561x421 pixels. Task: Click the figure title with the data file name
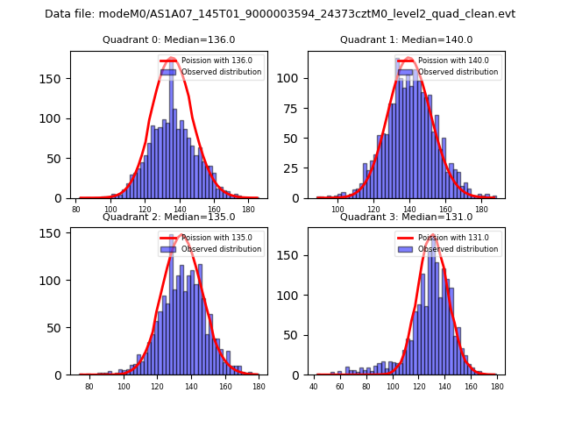click(280, 14)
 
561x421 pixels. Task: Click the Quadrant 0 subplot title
click(168, 39)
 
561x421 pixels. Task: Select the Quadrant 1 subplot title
click(406, 39)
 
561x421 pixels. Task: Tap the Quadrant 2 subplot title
click(168, 217)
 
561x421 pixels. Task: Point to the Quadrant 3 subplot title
click(406, 217)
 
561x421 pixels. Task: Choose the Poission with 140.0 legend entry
click(448, 61)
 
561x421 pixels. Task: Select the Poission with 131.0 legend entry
click(448, 238)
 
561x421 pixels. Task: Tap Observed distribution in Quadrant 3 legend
click(458, 249)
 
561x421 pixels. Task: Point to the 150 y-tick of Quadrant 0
click(57, 78)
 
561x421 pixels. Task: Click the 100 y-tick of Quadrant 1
click(295, 78)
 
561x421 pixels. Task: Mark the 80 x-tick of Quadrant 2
click(89, 386)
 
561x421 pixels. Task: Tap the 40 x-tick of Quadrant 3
click(315, 386)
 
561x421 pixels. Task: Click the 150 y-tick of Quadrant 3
click(295, 255)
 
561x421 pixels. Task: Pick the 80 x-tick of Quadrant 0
click(76, 210)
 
